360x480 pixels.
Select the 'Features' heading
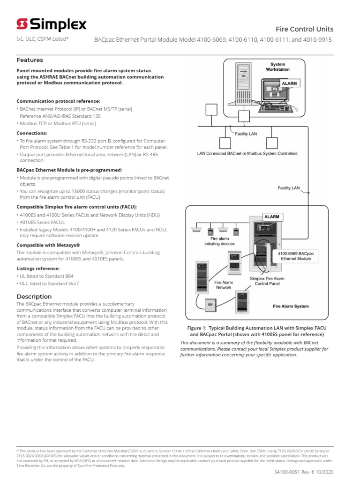click(x=30, y=60)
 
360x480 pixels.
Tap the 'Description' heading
click(x=34, y=296)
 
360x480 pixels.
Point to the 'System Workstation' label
click(x=277, y=67)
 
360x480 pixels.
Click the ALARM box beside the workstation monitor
click(x=289, y=83)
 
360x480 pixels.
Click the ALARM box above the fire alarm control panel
click(x=272, y=217)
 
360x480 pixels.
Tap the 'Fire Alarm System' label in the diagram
click(x=291, y=306)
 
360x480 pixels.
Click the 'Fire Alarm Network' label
click(x=224, y=285)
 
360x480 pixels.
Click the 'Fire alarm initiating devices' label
click(x=216, y=241)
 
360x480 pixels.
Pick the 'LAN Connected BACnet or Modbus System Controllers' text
click(x=247, y=153)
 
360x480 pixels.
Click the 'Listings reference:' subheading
click(x=39, y=269)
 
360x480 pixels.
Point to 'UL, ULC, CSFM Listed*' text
click(x=43, y=40)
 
